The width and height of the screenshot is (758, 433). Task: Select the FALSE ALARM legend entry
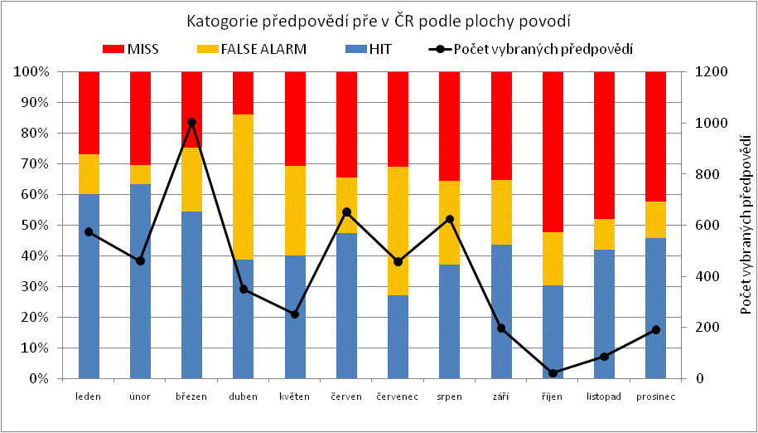pos(253,50)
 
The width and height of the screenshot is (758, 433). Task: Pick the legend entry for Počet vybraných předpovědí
pos(530,50)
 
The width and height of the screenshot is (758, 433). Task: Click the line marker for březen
pos(191,122)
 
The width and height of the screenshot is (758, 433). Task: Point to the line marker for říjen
pos(553,373)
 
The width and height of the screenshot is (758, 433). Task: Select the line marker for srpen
pos(450,220)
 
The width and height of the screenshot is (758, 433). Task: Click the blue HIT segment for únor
pos(140,282)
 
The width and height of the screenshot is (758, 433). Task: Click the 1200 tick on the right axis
pos(712,72)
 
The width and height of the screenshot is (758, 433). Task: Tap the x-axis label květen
pos(295,397)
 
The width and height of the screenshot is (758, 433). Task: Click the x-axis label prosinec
pos(655,397)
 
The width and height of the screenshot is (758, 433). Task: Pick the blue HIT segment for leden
pos(89,286)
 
